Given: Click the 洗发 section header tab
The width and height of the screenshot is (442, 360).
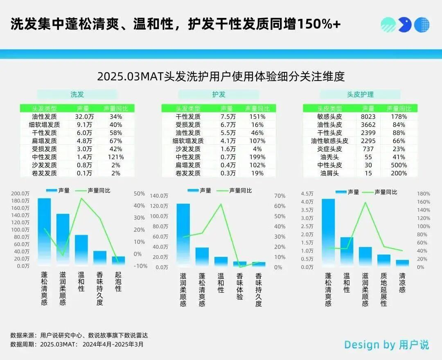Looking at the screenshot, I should coord(77,94).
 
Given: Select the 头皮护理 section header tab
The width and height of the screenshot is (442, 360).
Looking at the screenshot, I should coord(360,94).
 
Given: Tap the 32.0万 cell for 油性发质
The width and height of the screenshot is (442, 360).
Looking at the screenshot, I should coord(84,117).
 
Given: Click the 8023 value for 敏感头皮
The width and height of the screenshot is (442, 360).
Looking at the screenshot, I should coord(368,117).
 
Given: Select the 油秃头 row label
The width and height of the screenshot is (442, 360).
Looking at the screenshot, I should coord(329,157).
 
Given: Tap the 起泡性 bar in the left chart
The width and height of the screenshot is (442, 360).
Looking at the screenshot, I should coord(118,261).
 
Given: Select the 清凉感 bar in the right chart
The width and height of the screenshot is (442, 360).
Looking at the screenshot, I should coord(402,263).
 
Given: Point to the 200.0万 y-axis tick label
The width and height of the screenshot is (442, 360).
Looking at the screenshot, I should coord(20,193).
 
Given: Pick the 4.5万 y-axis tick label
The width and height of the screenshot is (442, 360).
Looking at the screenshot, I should coord(307,193).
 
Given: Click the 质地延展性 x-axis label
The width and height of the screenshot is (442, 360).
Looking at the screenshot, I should coord(383,290).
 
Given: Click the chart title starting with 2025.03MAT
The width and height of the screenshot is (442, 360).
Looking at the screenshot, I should coord(221,76).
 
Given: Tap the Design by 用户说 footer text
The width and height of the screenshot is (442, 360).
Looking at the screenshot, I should coord(386,344).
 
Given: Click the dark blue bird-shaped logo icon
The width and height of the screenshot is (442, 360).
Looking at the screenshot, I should coord(404,25).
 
